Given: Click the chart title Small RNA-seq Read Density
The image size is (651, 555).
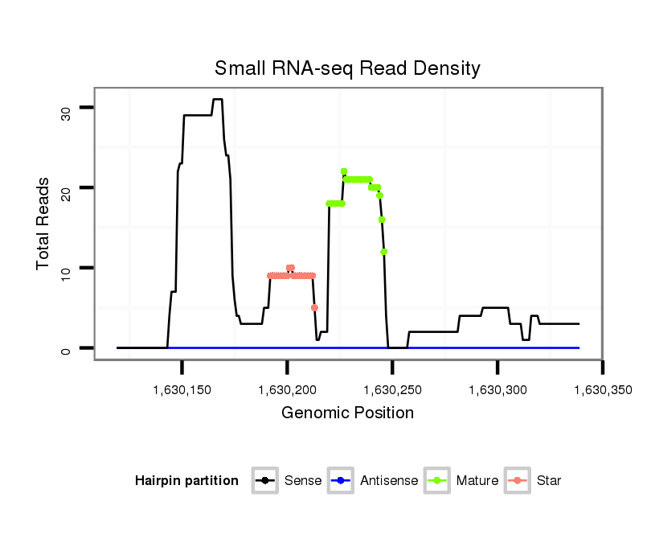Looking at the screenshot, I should (347, 68).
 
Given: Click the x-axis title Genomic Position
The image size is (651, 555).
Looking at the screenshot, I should (348, 413).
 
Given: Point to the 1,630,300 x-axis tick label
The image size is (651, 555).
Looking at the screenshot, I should (497, 390).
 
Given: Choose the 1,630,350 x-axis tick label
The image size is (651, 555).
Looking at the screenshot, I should (602, 390).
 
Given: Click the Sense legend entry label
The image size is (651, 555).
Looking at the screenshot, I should (303, 481).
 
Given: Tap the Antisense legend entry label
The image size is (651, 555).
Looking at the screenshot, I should (389, 481).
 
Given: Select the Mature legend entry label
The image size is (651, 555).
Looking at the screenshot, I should (477, 481).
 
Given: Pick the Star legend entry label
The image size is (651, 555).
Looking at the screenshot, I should (549, 481).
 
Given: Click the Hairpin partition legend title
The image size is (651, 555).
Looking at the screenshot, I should (186, 481).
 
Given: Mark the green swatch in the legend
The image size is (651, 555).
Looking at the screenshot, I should (436, 481).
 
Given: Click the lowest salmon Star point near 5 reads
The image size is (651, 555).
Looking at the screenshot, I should (314, 307).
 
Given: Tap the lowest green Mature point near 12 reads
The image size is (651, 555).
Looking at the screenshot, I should (384, 252).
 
